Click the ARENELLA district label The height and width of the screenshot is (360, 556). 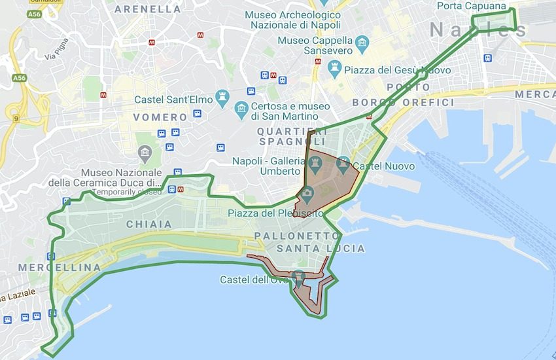(148, 9)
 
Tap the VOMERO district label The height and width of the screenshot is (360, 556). (160, 117)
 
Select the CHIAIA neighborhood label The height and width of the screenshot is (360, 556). (150, 224)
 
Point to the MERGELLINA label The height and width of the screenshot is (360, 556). (60, 268)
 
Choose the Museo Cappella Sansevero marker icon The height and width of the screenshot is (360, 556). (362, 45)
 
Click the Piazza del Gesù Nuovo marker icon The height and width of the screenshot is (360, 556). (335, 67)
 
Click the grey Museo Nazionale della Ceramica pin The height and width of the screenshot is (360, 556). (145, 154)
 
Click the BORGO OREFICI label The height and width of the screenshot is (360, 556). (403, 103)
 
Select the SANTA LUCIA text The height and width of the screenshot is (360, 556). (321, 249)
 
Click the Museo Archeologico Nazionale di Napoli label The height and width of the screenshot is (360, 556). (292, 20)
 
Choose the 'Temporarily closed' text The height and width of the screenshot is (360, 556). (126, 192)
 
